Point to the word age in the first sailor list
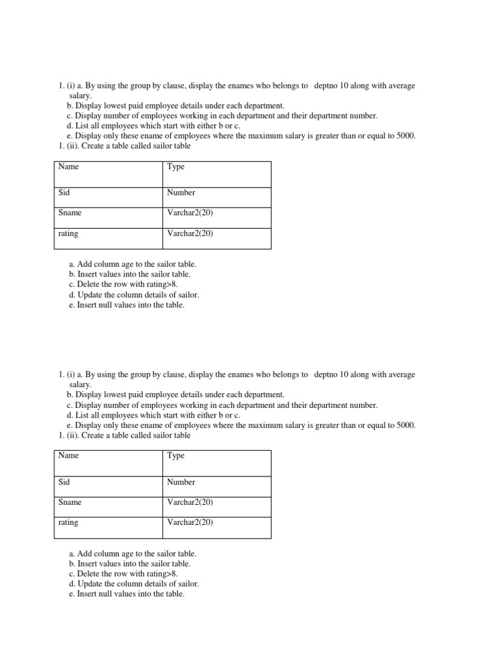[130, 264]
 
